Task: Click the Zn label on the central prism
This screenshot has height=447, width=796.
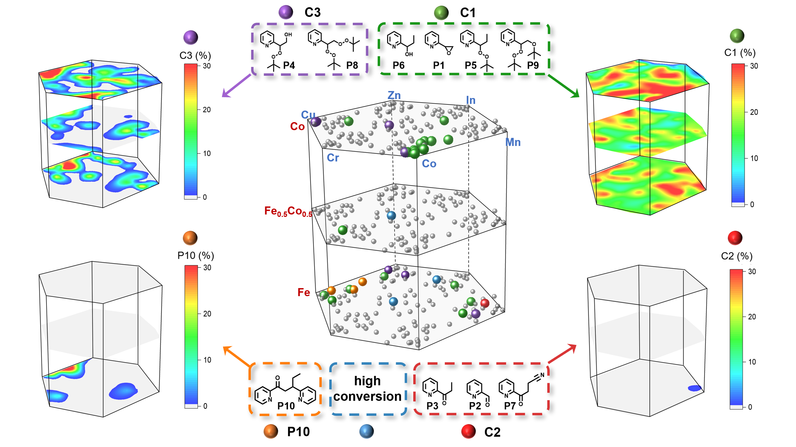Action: [x=394, y=95]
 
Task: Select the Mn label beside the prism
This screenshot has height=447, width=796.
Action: [x=513, y=142]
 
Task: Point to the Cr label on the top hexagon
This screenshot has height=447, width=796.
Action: [x=333, y=158]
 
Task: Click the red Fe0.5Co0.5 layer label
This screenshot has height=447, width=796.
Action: [x=288, y=212]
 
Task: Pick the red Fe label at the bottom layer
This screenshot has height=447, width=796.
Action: [x=304, y=292]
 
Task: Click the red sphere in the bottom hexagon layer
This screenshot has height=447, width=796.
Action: [x=484, y=303]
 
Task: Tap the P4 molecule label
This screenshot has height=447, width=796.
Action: [x=289, y=65]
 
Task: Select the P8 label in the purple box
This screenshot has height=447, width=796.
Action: [x=352, y=65]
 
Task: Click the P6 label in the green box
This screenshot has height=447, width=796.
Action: [x=398, y=65]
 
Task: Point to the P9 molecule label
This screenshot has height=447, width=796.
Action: [x=533, y=65]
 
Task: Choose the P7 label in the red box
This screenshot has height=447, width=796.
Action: [x=510, y=406]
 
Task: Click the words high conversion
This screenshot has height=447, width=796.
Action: [x=367, y=388]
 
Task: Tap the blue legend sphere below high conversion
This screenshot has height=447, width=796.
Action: [x=367, y=431]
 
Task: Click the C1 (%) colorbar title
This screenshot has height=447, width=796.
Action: [x=740, y=53]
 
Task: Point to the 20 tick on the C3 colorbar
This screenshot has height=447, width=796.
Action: [x=207, y=110]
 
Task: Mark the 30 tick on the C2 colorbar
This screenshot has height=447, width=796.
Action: [x=752, y=271]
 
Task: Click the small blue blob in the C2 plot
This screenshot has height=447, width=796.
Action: [x=694, y=388]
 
